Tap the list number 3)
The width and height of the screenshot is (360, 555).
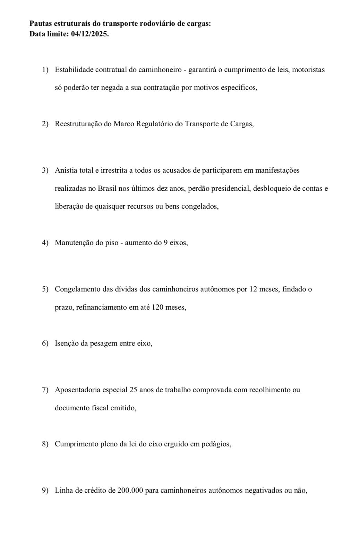(x=45, y=170)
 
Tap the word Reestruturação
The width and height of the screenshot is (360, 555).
(x=78, y=124)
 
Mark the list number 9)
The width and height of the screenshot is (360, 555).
(x=45, y=491)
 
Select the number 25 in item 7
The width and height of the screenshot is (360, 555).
(x=133, y=390)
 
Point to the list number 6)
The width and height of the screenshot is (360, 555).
(x=45, y=343)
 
